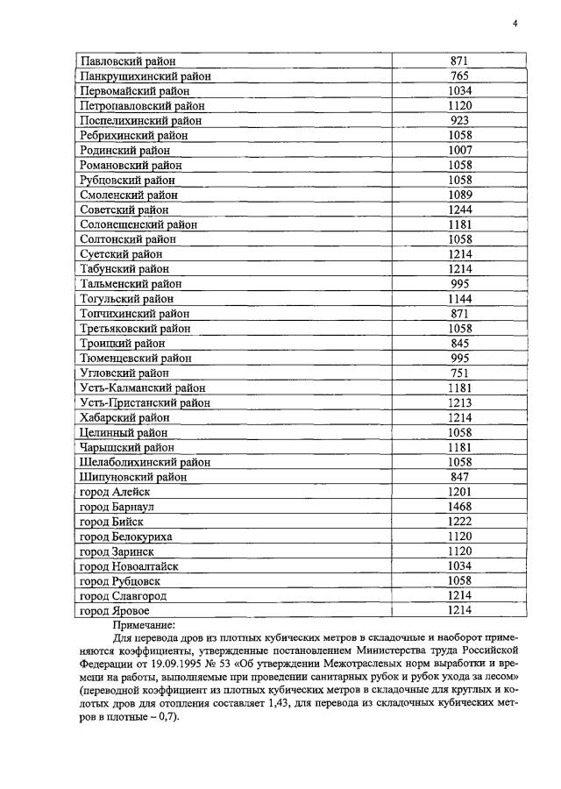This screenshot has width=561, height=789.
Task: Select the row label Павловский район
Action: point(128,61)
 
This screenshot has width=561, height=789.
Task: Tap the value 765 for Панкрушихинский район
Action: point(460,76)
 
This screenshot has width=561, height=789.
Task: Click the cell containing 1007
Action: point(460,151)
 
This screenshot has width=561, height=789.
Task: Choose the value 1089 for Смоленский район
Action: point(460,195)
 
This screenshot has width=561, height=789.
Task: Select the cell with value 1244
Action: point(460,210)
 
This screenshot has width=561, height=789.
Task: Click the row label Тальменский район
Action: point(131,284)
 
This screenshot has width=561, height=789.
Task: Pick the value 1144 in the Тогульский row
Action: point(460,299)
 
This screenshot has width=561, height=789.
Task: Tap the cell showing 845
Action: point(460,344)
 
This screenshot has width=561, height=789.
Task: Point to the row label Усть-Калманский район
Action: point(143,387)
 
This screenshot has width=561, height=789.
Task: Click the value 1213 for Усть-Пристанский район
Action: point(460,402)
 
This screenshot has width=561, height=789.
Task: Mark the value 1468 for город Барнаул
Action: point(460,507)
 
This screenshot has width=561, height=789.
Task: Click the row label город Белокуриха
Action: point(125,537)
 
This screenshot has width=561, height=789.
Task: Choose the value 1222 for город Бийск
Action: point(460,522)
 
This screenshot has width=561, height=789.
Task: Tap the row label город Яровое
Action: point(114,610)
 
